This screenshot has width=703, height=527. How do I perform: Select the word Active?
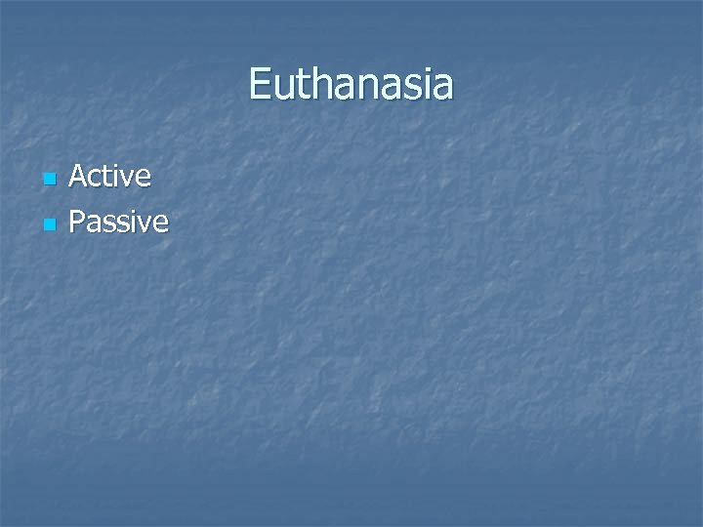(110, 177)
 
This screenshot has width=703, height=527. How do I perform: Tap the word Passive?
(119, 223)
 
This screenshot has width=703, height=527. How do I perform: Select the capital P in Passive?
(77, 223)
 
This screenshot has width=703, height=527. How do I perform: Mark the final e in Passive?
(160, 225)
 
